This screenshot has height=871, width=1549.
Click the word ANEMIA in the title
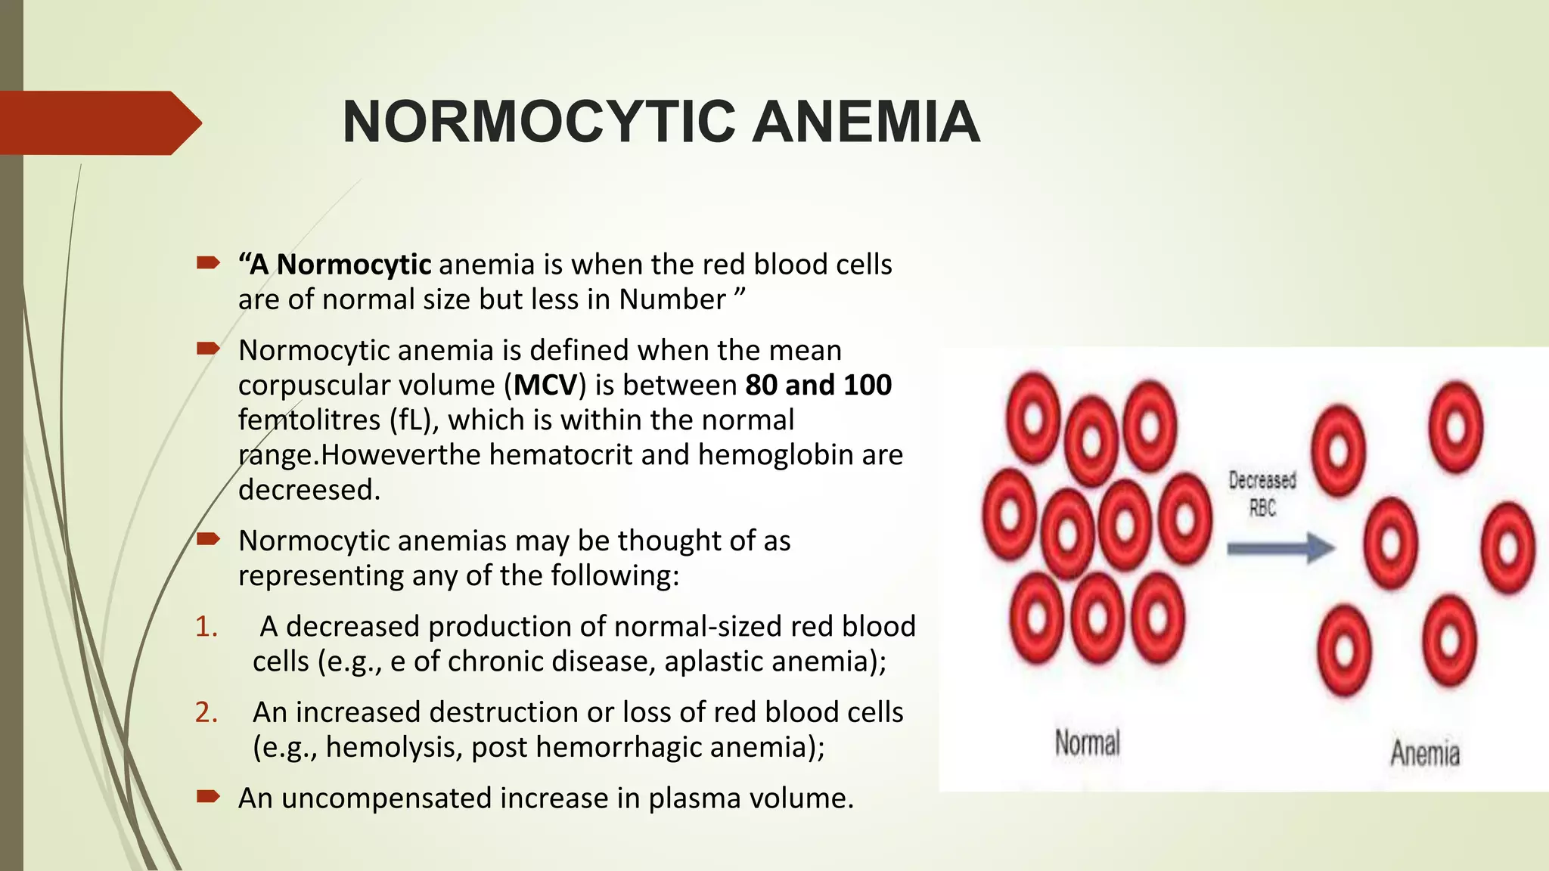(866, 122)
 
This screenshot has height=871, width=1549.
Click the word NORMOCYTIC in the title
(538, 122)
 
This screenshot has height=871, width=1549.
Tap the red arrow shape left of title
(98, 123)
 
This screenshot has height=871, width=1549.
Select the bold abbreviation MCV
(545, 386)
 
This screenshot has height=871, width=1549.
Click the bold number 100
(867, 386)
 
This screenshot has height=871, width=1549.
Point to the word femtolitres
(309, 420)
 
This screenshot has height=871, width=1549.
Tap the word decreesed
(309, 490)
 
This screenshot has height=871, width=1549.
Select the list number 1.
(205, 627)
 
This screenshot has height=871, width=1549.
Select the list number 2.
(205, 712)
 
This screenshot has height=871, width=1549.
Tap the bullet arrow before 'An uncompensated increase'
(208, 796)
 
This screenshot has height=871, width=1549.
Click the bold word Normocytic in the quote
(354, 265)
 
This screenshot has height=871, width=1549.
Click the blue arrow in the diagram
(1280, 547)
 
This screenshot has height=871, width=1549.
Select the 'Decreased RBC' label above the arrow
(1262, 494)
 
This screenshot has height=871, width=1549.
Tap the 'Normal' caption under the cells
(1087, 742)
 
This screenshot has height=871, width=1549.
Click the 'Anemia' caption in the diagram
(1425, 753)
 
